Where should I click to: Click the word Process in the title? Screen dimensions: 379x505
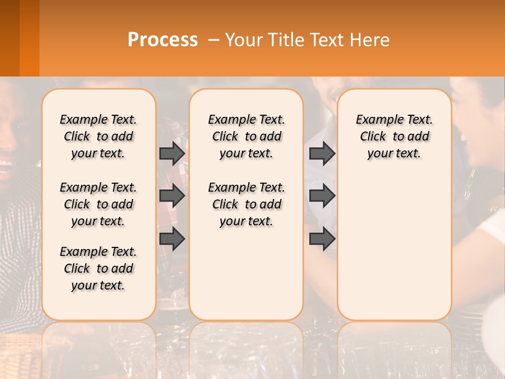(x=163, y=40)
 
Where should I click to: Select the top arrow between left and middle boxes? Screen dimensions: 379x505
(x=172, y=153)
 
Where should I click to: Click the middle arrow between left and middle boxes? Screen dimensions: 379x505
(x=172, y=196)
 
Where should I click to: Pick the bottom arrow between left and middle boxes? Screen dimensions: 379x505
(x=172, y=238)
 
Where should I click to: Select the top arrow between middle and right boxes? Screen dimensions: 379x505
(x=322, y=153)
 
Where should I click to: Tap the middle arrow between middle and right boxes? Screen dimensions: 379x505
(x=322, y=196)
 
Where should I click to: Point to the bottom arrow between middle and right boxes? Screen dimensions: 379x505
(x=322, y=238)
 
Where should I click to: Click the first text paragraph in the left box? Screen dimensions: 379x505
(x=98, y=136)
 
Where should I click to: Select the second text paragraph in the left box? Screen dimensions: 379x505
(x=98, y=204)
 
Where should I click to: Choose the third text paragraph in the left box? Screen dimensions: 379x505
(x=98, y=268)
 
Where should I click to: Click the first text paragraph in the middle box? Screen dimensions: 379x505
(x=246, y=136)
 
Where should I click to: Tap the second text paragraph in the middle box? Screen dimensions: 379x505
(x=246, y=204)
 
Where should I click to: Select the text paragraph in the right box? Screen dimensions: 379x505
(x=394, y=136)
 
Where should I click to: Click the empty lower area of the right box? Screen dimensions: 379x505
(x=394, y=247)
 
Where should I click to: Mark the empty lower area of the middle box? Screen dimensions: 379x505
(x=246, y=274)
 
